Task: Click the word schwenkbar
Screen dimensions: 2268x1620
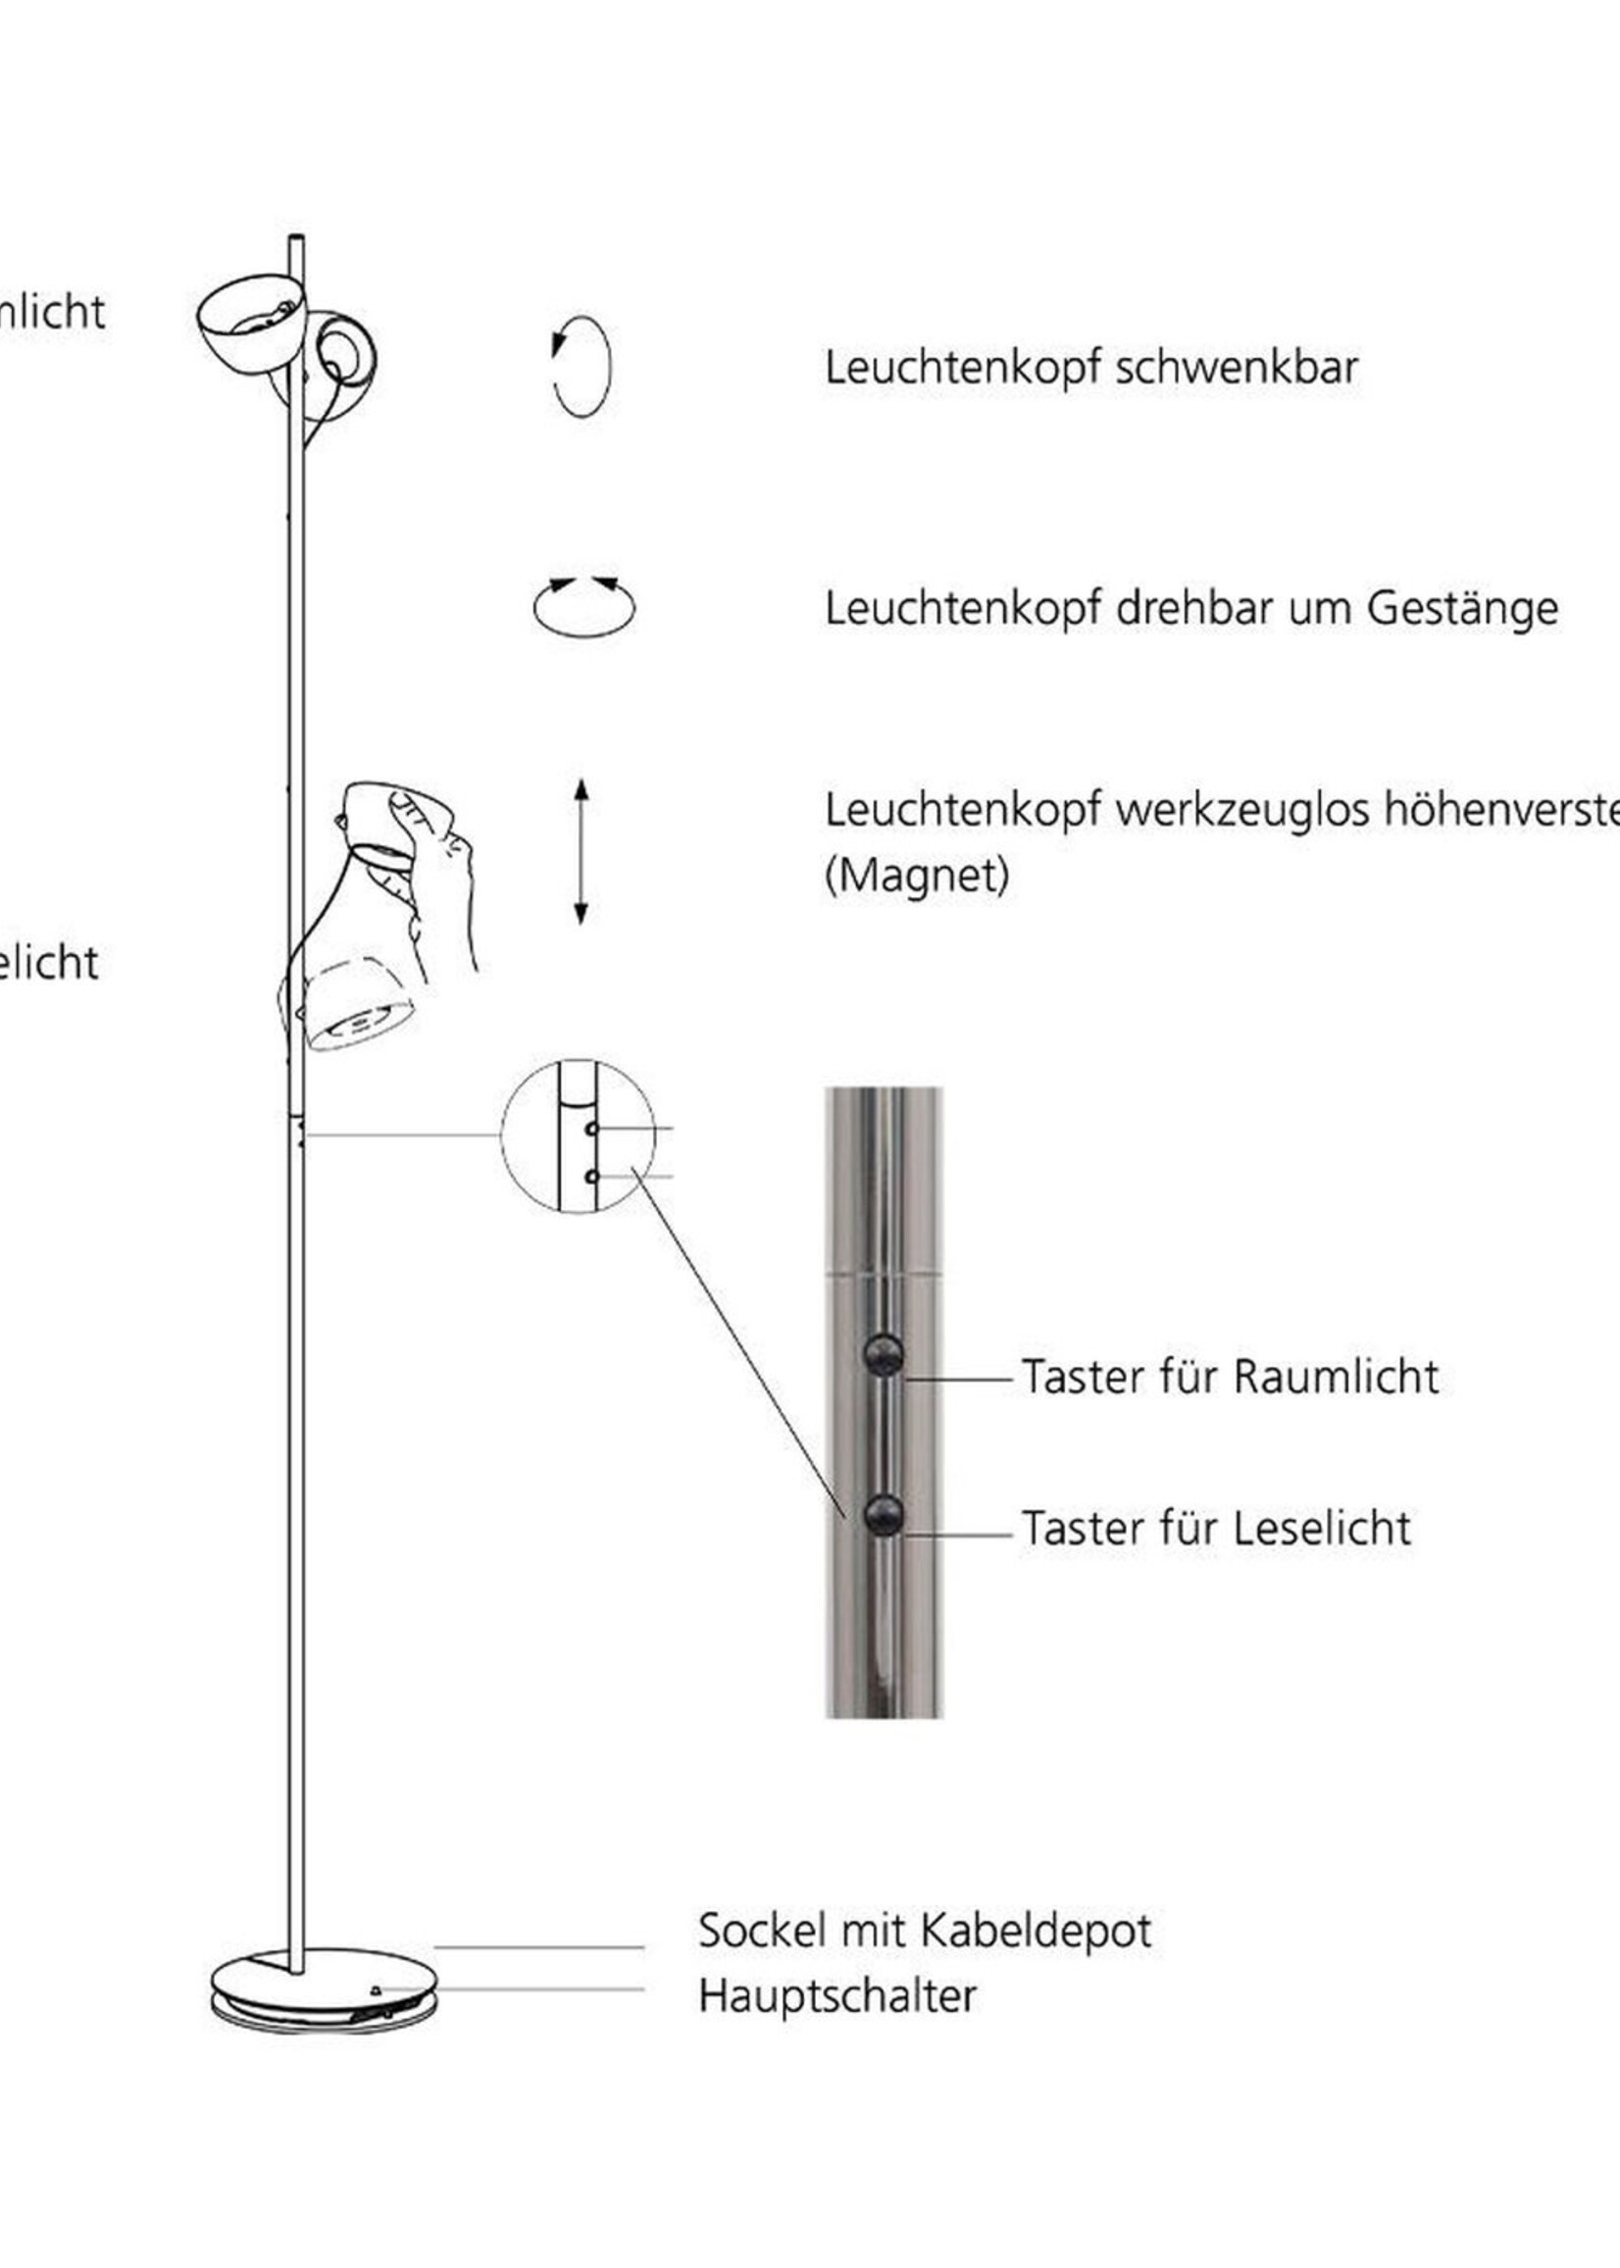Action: (1236, 368)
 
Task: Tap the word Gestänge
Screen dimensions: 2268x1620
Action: (1461, 609)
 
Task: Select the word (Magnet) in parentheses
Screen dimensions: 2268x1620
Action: (917, 876)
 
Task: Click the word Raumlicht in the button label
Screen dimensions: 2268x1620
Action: (1336, 1378)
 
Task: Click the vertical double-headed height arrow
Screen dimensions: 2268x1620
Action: (581, 852)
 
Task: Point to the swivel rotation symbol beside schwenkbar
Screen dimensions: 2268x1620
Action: (581, 366)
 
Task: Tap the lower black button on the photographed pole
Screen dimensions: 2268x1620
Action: (883, 1516)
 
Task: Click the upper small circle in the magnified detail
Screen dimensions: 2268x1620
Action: (591, 1129)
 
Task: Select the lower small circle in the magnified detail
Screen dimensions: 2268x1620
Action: (591, 1177)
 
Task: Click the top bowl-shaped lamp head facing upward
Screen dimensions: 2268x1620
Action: (251, 323)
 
